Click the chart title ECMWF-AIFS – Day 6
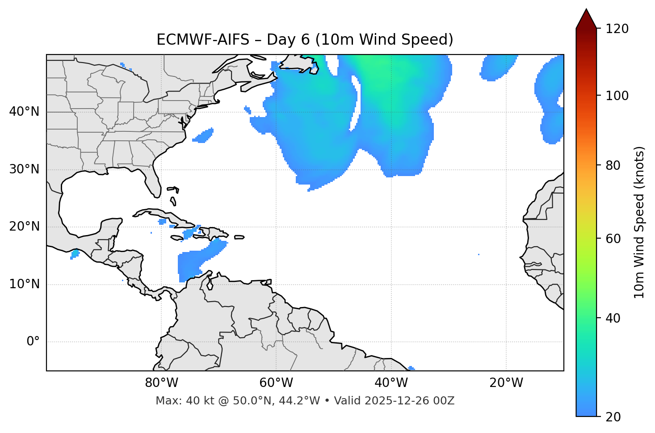click(305, 40)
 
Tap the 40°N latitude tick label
click(24, 112)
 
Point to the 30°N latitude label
click(24, 169)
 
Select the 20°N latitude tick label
click(24, 227)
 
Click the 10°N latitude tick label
click(24, 284)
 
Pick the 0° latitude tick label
click(33, 342)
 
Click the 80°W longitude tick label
click(161, 383)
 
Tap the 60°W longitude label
click(276, 383)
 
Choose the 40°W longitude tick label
click(391, 383)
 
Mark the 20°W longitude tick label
click(506, 383)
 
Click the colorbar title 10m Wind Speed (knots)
click(639, 223)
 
